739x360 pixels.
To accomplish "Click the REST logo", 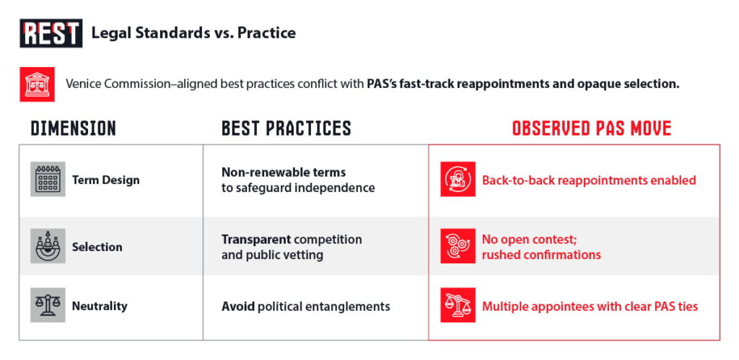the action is tap(51, 33).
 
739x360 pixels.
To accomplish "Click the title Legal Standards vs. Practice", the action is tap(193, 33).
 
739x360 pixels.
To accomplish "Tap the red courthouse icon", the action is tap(38, 84).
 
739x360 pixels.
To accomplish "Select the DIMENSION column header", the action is tap(73, 128).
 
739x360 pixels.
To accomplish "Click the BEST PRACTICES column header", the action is tap(286, 128).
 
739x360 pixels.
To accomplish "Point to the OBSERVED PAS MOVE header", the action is tap(592, 128).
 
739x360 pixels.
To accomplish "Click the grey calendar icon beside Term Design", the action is tap(48, 179).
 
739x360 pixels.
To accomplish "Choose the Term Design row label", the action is tap(105, 180).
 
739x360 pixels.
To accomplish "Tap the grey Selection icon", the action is tap(48, 246).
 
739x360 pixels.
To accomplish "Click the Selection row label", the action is tap(97, 247).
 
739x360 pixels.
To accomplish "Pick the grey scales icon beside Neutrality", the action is tap(48, 305).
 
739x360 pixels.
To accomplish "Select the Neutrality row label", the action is tap(100, 307).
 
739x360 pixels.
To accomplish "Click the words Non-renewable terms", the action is tap(284, 172).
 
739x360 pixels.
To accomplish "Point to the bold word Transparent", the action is tap(256, 240).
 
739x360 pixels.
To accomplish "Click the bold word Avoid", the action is tap(238, 307).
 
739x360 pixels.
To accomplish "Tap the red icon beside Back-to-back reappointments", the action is tap(458, 179).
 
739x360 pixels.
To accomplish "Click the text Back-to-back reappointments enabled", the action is tap(589, 180).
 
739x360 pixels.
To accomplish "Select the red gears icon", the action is tap(458, 246).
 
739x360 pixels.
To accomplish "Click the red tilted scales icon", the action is tap(458, 305).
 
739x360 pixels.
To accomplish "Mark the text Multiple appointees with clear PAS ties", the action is tap(590, 307).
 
